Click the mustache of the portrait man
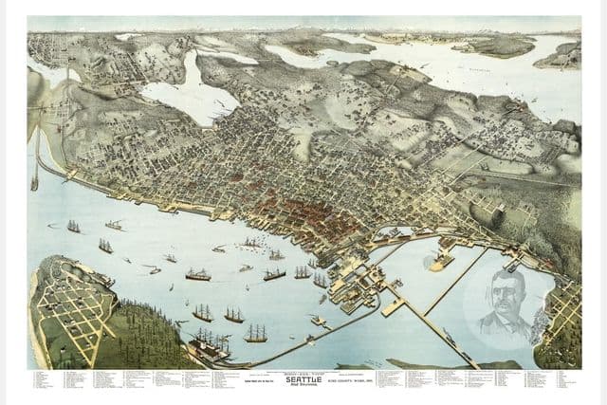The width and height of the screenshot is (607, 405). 501,307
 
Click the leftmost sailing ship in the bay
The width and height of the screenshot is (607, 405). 73,227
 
